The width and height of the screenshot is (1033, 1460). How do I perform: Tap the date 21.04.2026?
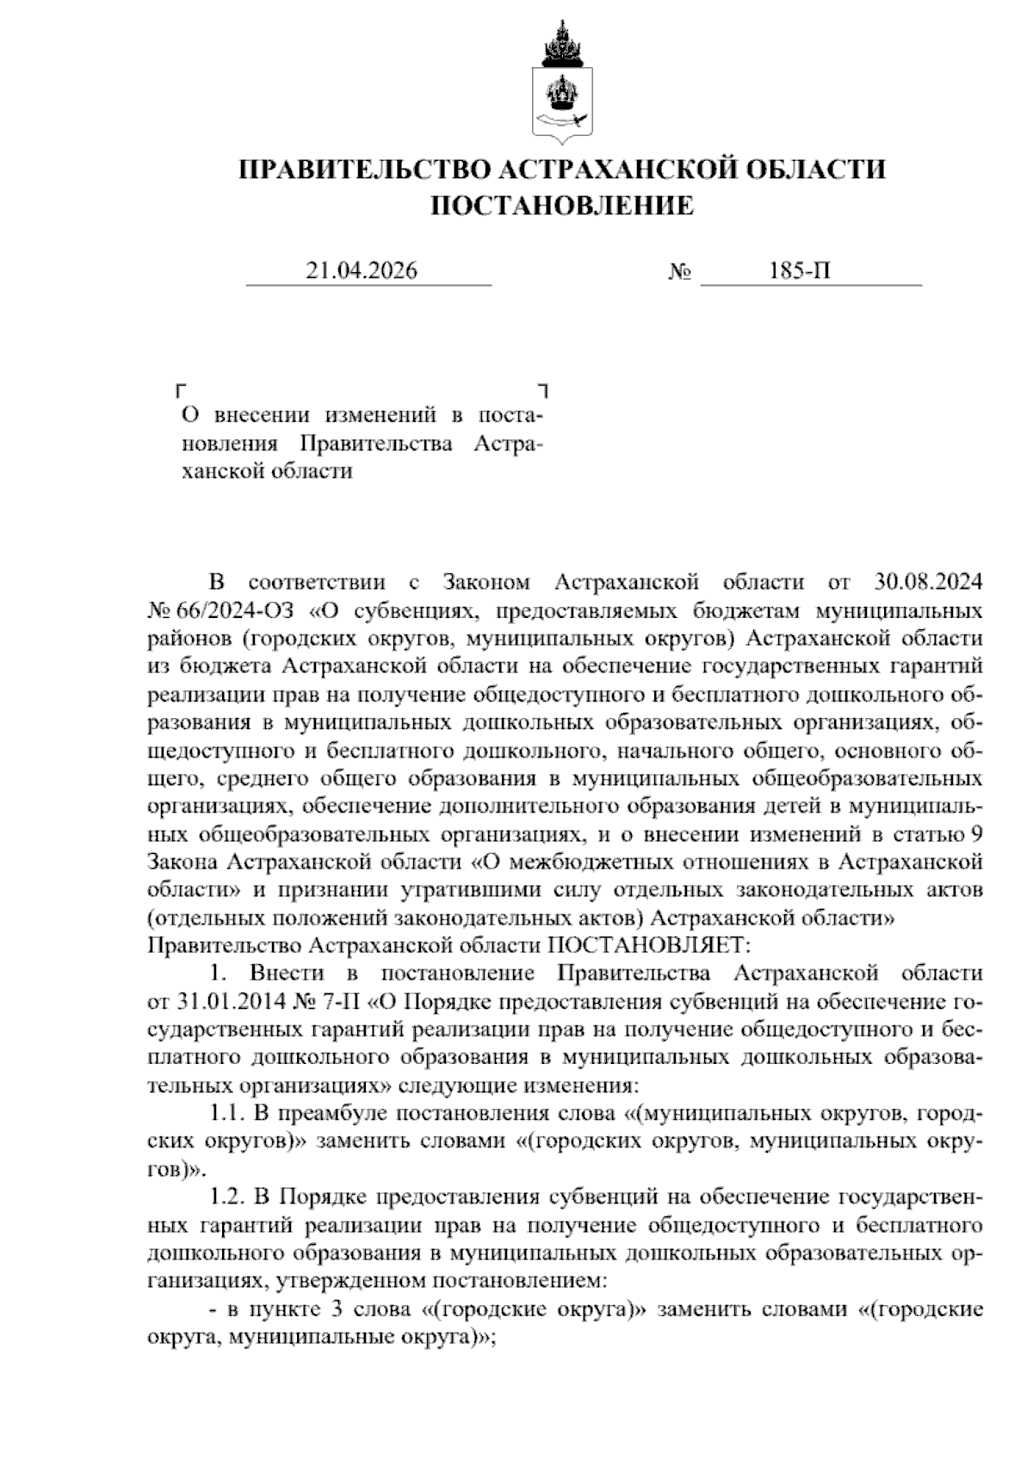coord(362,271)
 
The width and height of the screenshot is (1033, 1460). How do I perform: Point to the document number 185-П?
coord(801,271)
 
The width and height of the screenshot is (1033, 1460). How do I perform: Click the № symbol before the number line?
coord(680,273)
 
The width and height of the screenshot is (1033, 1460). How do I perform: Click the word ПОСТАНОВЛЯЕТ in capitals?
coord(650,945)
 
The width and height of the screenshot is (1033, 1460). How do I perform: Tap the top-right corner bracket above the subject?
coord(543,390)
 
